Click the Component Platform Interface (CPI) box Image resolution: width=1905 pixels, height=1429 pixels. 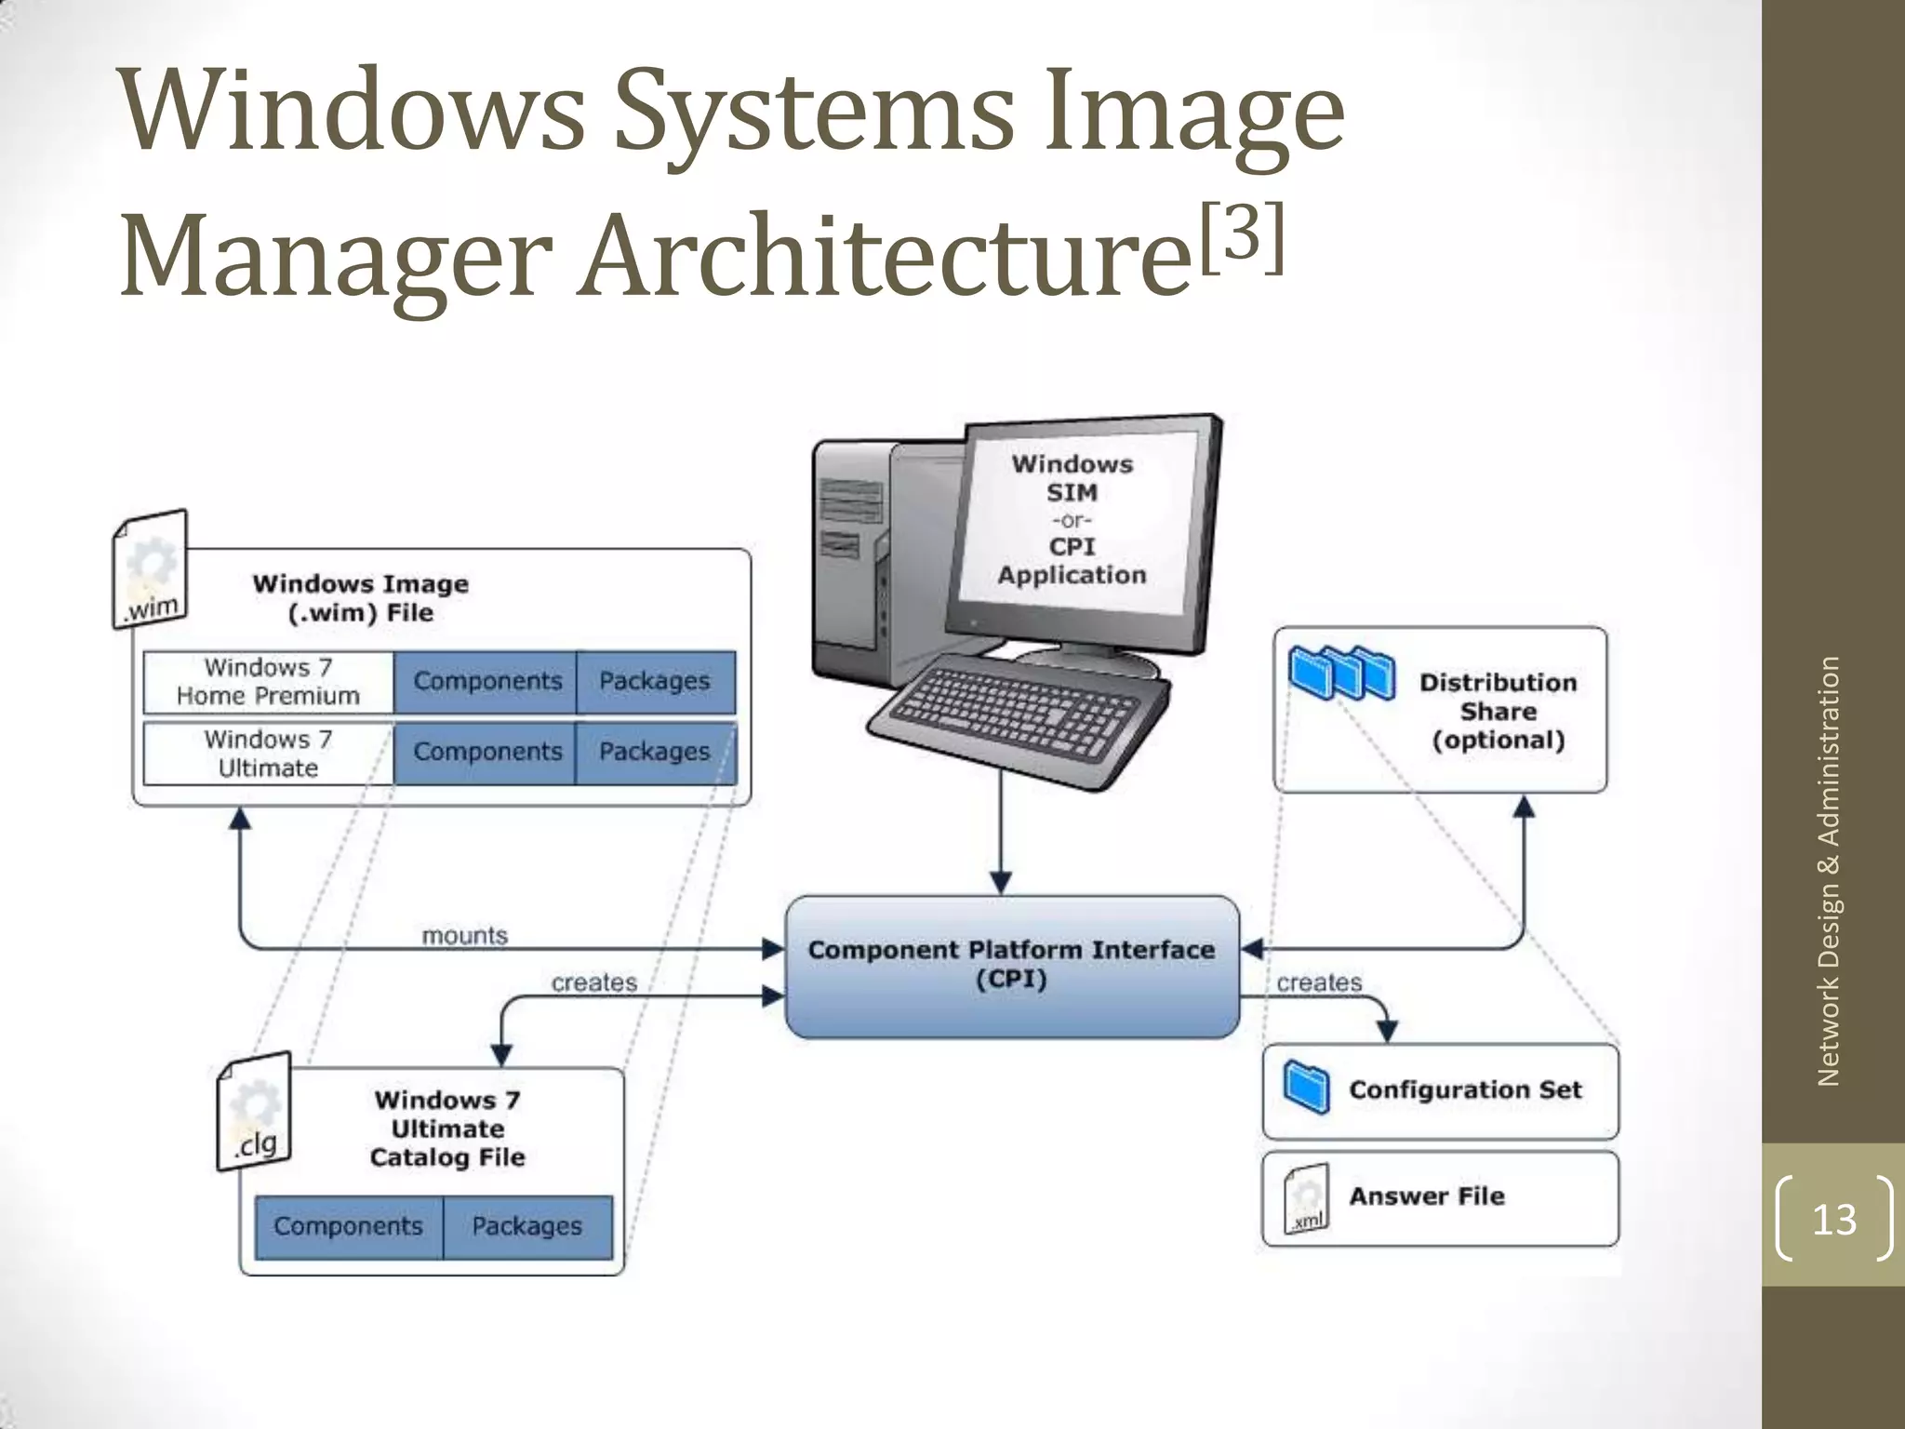1012,966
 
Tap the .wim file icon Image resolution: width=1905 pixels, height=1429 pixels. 151,569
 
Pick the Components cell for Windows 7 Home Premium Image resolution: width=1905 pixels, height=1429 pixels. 486,681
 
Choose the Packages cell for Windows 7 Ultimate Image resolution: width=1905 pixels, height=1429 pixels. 655,752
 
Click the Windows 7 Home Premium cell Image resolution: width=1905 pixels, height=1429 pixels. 268,681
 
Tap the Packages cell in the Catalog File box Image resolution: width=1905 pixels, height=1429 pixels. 527,1226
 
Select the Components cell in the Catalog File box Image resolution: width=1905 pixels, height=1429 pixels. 349,1226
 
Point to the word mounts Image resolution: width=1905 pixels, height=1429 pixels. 465,935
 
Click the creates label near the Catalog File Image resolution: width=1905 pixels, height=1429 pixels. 594,982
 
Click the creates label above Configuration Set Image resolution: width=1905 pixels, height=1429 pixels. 1319,982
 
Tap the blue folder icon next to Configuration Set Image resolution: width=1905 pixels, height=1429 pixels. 1306,1086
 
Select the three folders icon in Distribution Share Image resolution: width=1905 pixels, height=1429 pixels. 1342,673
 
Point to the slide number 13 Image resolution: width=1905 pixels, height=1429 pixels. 1834,1219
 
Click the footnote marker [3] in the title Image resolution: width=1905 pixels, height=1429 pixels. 1243,239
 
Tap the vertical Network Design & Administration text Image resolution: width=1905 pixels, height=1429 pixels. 1829,871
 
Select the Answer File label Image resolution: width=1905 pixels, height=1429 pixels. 1427,1196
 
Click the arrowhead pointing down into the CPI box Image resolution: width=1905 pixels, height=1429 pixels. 1001,882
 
